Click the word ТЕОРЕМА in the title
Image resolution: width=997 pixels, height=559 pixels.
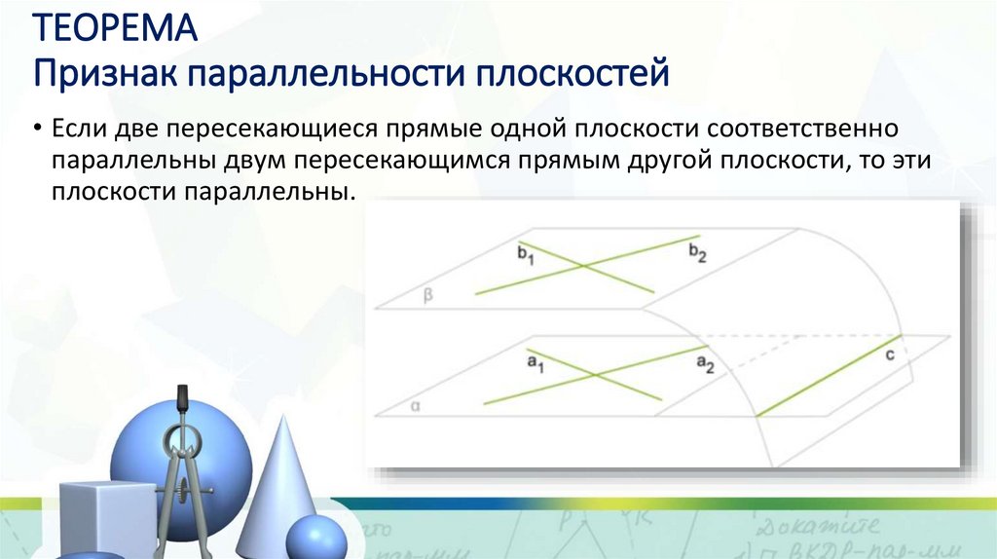pyautogui.click(x=116, y=27)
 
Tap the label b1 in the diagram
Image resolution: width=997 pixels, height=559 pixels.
pyautogui.click(x=526, y=256)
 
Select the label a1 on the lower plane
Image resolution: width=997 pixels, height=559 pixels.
pyautogui.click(x=535, y=364)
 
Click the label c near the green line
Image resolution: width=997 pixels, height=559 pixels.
pyautogui.click(x=890, y=356)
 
